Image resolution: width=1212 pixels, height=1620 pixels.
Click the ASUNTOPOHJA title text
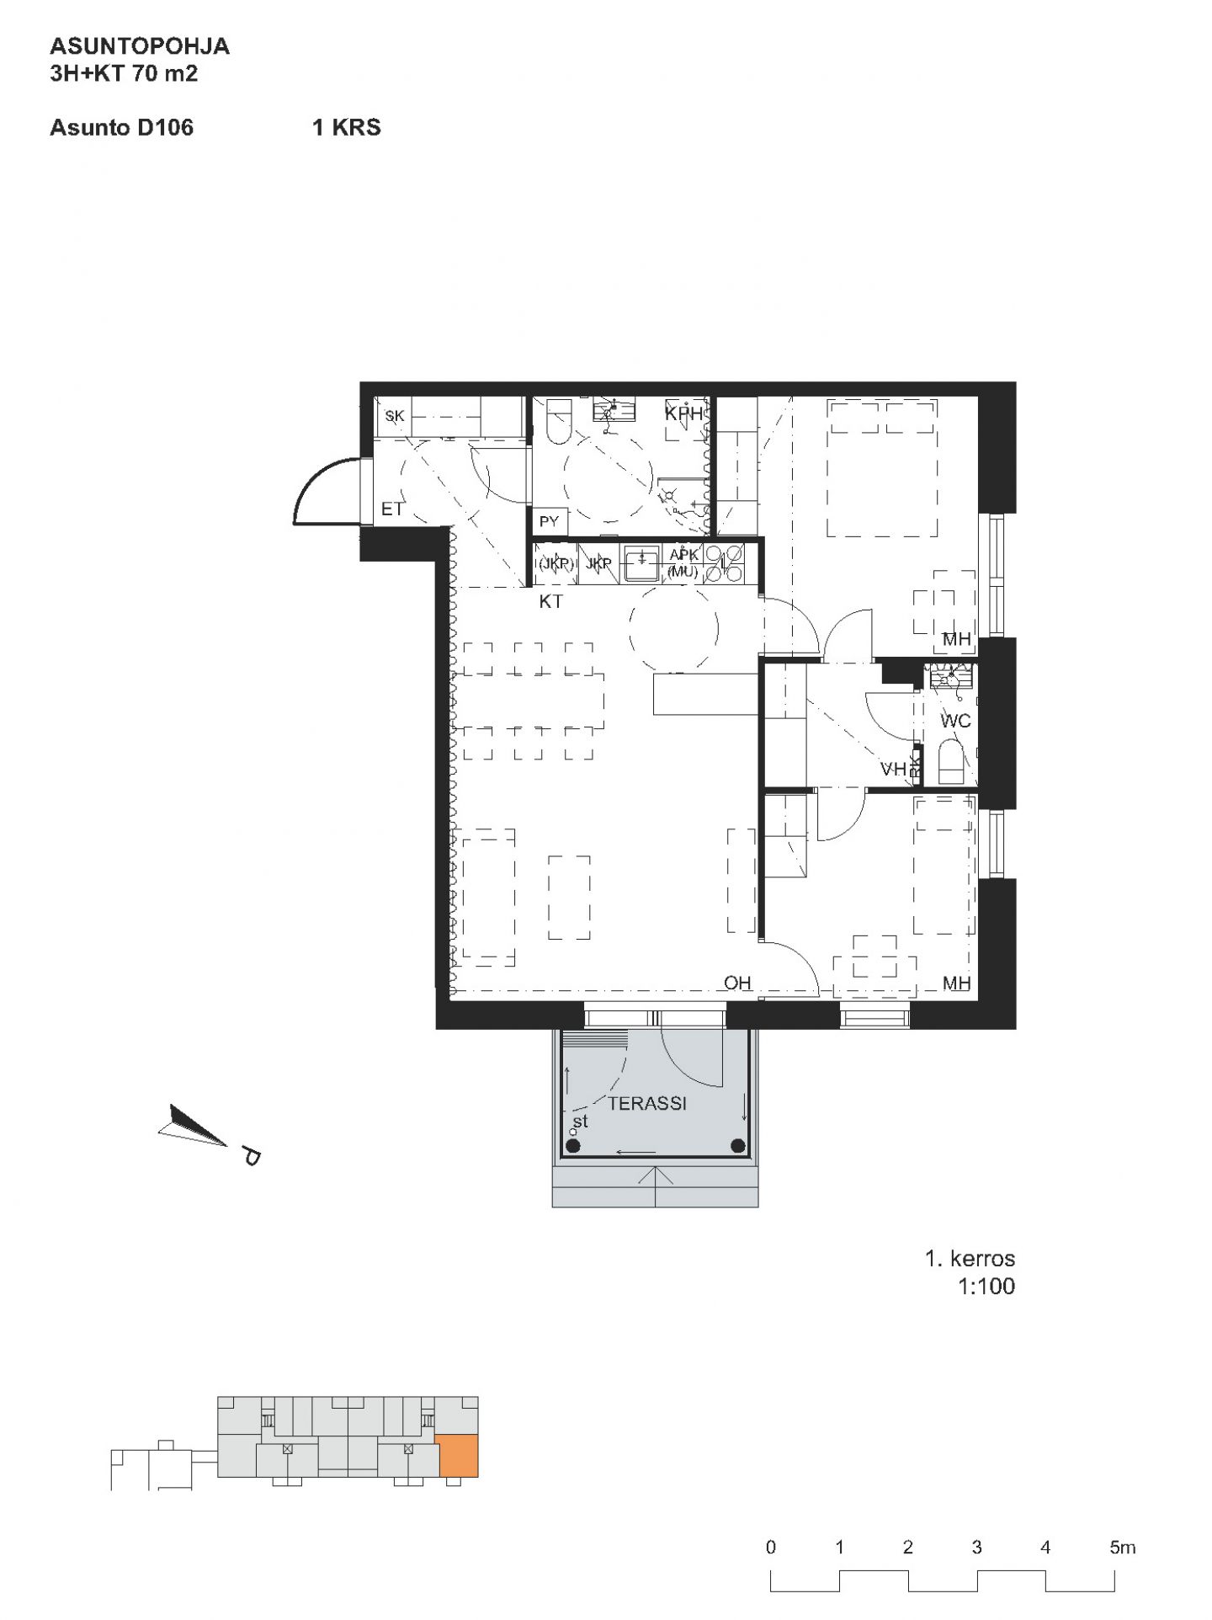(140, 45)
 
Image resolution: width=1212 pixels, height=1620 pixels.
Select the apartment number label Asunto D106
(122, 127)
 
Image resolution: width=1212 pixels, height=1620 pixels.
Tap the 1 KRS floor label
(347, 127)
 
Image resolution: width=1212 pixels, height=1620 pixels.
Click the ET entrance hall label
(392, 509)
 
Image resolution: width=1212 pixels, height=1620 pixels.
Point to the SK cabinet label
(395, 416)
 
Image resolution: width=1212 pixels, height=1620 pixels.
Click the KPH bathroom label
(683, 413)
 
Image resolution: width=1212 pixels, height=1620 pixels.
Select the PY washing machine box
(550, 521)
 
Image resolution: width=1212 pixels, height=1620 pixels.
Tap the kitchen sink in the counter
(642, 563)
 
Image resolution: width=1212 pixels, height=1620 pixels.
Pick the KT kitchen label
(551, 602)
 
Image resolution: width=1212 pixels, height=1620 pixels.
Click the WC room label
(955, 721)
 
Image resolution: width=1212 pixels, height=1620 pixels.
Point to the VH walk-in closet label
(893, 769)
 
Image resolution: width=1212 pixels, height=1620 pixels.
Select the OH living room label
(737, 983)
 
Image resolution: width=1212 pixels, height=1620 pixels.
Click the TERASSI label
(647, 1103)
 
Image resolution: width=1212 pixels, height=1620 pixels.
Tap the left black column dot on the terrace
(573, 1145)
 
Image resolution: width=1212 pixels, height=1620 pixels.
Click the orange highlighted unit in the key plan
(459, 1457)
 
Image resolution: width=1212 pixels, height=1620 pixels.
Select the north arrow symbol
(194, 1125)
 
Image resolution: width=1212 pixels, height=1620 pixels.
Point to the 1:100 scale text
(986, 1286)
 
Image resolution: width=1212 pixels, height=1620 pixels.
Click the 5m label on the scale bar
(1123, 1548)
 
